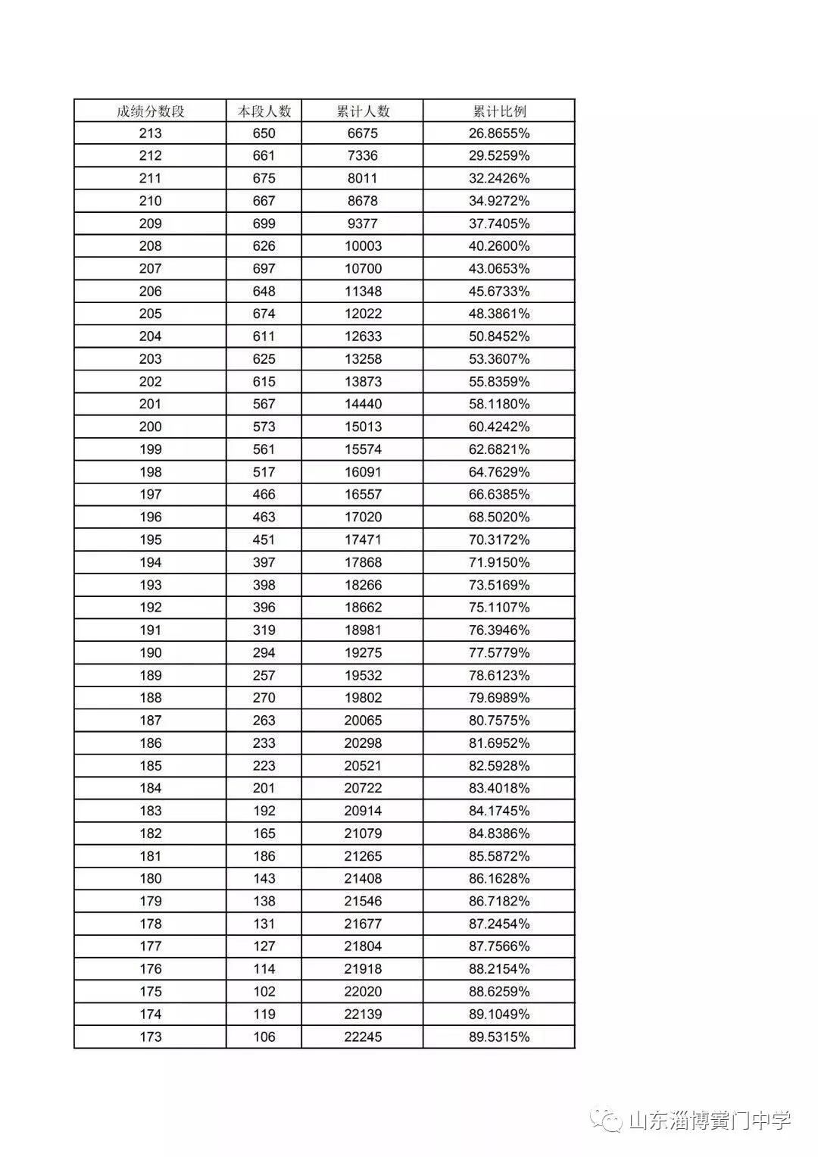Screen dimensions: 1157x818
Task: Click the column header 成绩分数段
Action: [x=150, y=111]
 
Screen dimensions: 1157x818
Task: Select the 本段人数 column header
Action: [x=264, y=111]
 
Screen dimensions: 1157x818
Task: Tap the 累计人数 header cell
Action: [x=363, y=111]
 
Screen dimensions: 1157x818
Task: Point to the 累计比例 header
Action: [x=499, y=111]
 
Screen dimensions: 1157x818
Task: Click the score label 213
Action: [x=150, y=133]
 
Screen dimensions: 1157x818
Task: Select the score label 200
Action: [x=150, y=427]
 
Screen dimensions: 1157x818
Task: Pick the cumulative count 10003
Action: [x=363, y=246]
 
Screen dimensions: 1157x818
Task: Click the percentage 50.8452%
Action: [x=499, y=336]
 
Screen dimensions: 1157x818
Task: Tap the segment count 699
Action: [x=264, y=224]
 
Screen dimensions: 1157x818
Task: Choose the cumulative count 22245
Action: [x=363, y=1037]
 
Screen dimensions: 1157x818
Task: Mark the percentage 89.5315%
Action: [x=499, y=1037]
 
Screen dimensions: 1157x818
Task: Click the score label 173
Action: [x=150, y=1037]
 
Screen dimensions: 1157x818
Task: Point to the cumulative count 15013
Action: [x=363, y=427]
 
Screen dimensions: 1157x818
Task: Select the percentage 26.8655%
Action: [x=499, y=133]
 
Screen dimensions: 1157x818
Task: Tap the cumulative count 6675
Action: [x=363, y=133]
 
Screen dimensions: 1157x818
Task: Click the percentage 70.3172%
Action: [x=499, y=539]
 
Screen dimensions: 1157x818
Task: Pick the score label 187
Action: [x=150, y=721]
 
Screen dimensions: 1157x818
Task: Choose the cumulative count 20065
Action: [x=363, y=721]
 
